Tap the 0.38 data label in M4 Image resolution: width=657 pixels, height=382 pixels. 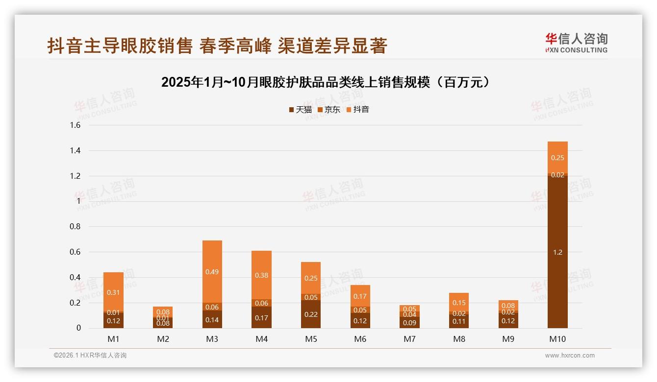[261, 275]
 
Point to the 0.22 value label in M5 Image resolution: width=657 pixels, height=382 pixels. [311, 314]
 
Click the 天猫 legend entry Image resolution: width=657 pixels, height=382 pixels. [300, 110]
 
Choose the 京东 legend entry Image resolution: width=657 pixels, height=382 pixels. [329, 110]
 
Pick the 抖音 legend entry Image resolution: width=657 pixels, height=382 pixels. [357, 110]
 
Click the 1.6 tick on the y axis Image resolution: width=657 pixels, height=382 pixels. [75, 125]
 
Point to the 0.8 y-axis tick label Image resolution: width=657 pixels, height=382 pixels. [75, 227]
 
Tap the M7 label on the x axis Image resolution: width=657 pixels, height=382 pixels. [409, 339]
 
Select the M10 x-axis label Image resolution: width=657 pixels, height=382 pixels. [557, 339]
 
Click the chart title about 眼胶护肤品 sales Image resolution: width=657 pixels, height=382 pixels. [326, 82]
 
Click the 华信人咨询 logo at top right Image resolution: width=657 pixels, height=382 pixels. [576, 43]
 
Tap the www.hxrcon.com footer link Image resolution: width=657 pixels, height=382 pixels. [570, 356]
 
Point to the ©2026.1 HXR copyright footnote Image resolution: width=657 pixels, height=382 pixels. [90, 356]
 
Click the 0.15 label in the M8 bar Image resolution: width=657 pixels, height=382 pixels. [459, 303]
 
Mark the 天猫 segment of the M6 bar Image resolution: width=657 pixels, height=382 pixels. [360, 321]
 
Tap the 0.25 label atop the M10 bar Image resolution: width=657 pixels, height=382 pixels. [557, 158]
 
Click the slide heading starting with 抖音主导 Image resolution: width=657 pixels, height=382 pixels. [217, 46]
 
